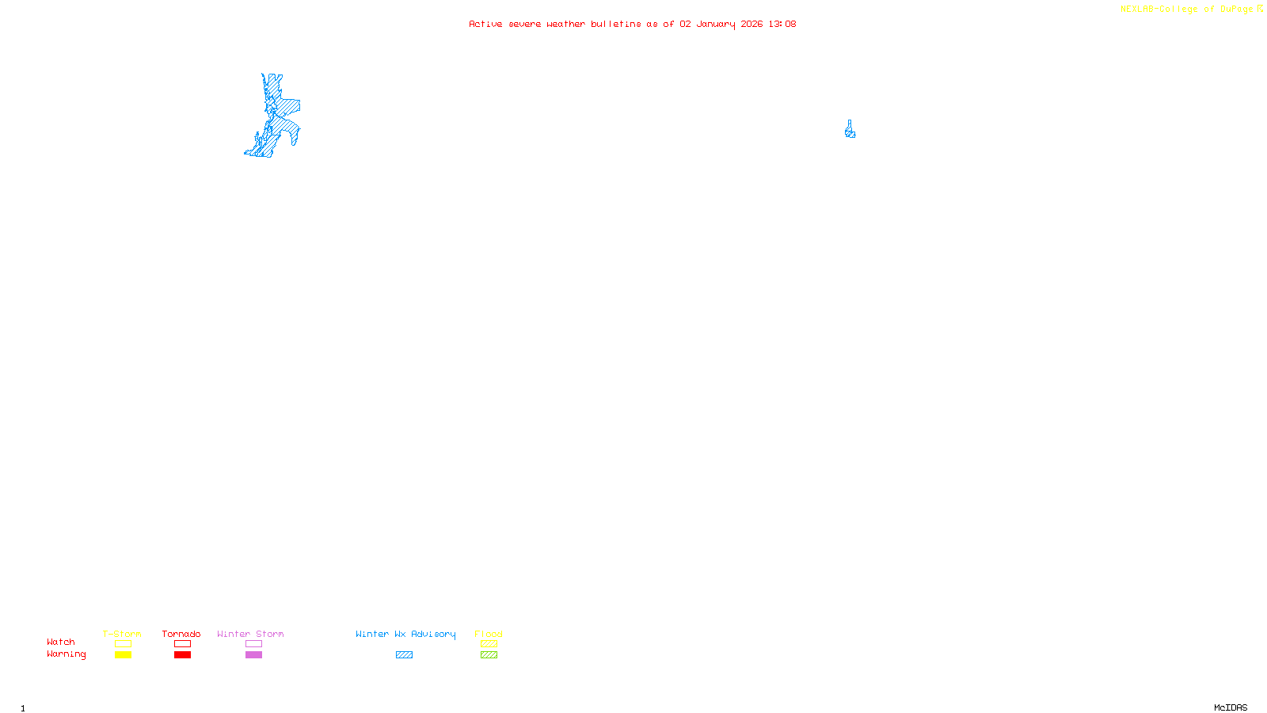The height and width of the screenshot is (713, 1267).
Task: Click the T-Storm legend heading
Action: [122, 634]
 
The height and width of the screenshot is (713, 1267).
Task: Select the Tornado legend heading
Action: [181, 634]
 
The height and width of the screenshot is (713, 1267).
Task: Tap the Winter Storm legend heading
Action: [250, 634]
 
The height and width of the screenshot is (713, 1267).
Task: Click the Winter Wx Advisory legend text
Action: [405, 634]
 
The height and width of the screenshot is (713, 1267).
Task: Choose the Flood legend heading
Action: [489, 634]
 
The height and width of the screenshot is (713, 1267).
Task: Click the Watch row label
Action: [61, 642]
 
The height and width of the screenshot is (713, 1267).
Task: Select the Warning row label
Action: [67, 654]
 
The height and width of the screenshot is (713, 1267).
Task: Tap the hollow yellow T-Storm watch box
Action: [123, 644]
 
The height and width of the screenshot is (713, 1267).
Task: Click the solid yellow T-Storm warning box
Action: [123, 655]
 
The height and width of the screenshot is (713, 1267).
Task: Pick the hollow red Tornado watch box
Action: [182, 644]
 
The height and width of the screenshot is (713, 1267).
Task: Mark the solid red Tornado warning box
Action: [182, 655]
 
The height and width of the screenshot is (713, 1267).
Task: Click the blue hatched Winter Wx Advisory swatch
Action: [404, 655]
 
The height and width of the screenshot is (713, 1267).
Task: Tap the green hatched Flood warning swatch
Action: [489, 655]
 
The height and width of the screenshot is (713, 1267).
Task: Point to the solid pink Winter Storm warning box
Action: [253, 655]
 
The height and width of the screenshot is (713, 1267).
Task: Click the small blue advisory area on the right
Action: [850, 132]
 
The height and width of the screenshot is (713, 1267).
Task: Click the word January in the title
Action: [716, 24]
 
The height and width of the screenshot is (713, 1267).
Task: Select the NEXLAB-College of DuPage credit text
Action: [1186, 9]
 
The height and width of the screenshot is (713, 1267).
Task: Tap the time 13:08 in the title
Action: [782, 24]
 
